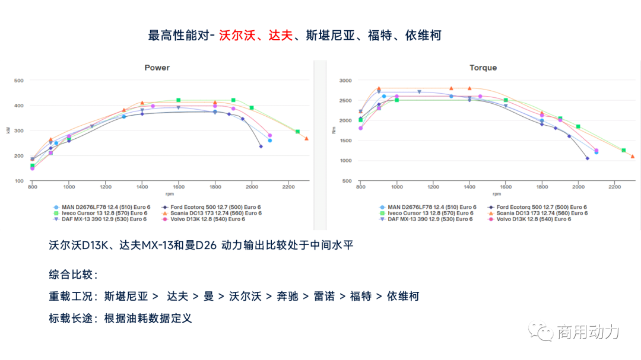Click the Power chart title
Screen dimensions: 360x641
point(157,68)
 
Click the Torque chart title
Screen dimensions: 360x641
point(483,68)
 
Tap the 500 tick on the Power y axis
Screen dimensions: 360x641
point(18,80)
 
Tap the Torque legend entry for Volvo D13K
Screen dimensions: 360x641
point(533,219)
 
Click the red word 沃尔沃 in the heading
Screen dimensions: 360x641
point(237,36)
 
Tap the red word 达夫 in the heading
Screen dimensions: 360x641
point(281,36)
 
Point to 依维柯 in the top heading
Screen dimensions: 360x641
point(423,36)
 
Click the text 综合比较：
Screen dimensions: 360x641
point(73,275)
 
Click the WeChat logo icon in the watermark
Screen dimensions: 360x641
point(540,331)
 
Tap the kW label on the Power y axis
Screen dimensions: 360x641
point(8,130)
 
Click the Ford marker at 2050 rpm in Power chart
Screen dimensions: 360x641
point(261,146)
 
